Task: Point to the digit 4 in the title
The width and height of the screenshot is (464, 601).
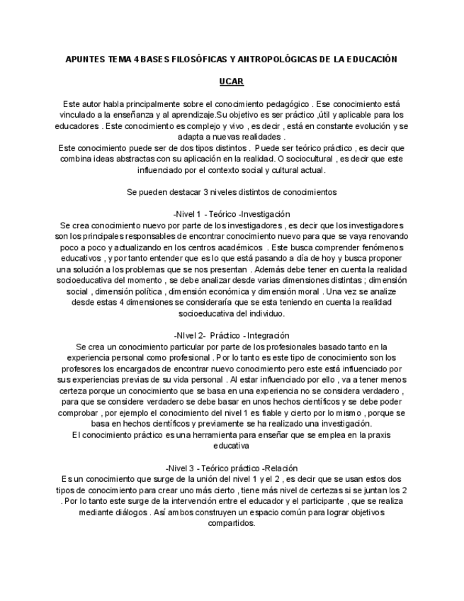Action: point(135,60)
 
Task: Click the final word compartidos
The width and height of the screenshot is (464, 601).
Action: point(232,524)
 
